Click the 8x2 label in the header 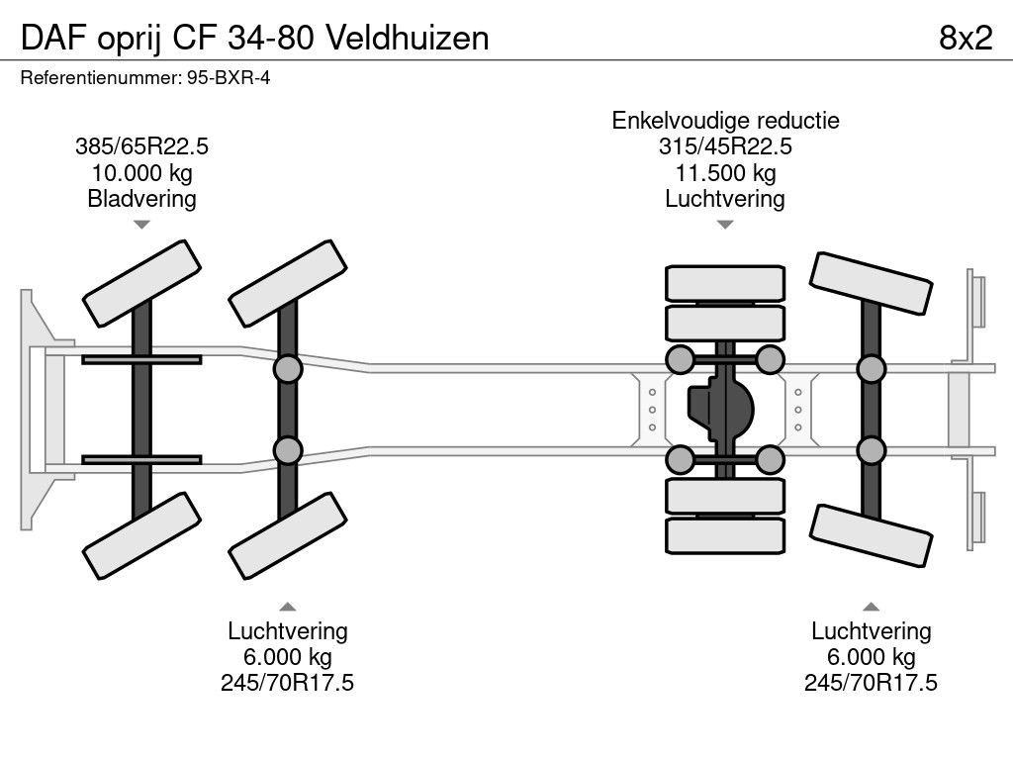[965, 37]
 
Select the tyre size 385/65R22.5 [141, 147]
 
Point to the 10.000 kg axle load [141, 173]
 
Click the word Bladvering [141, 199]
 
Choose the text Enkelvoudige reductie [725, 121]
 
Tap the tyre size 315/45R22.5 [725, 147]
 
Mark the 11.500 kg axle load [725, 173]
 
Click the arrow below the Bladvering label [141, 225]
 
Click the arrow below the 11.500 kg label [725, 225]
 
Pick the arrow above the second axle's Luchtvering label [287, 607]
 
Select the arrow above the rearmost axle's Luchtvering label [871, 607]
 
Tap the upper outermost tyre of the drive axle [725, 283]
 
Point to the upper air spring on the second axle [287, 369]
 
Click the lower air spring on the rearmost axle [871, 451]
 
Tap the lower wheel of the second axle [288, 535]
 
